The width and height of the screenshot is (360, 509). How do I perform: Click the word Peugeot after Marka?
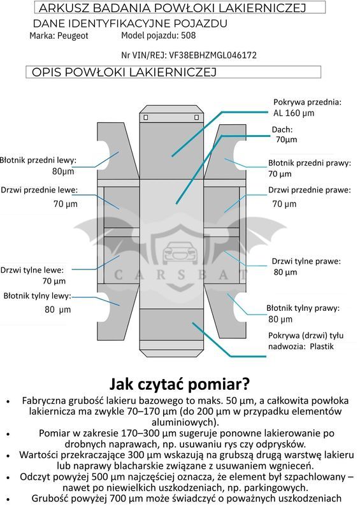pyautogui.click(x=73, y=36)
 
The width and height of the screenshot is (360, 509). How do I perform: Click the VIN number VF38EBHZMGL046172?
pyautogui.click(x=213, y=55)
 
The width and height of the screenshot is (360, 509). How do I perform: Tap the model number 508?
pyautogui.click(x=189, y=35)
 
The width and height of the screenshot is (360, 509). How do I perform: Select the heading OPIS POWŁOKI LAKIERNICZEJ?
pyautogui.click(x=124, y=72)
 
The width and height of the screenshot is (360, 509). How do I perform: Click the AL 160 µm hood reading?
pyautogui.click(x=294, y=113)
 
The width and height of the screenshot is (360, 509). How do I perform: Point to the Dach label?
pyautogui.click(x=282, y=130)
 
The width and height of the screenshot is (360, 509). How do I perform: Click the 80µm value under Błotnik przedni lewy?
pyautogui.click(x=63, y=171)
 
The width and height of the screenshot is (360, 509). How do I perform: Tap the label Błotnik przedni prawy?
pyautogui.click(x=310, y=163)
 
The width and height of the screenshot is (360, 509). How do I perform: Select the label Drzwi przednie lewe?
pyautogui.click(x=40, y=190)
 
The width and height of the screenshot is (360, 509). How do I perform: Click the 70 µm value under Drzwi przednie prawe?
pyautogui.click(x=284, y=204)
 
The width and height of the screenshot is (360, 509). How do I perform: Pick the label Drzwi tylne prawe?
pyautogui.click(x=306, y=261)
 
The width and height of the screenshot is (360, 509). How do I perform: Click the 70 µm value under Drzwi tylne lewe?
pyautogui.click(x=54, y=281)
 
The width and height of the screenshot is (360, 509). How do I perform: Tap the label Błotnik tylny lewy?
pyautogui.click(x=38, y=296)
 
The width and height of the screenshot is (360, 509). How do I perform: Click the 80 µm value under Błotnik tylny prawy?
pyautogui.click(x=280, y=319)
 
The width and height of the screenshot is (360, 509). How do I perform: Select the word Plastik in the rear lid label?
pyautogui.click(x=322, y=347)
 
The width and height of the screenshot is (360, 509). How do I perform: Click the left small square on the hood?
pyautogui.click(x=146, y=117)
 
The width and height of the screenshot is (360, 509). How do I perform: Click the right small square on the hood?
pyautogui.click(x=197, y=117)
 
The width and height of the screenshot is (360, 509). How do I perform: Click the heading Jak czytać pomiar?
pyautogui.click(x=180, y=384)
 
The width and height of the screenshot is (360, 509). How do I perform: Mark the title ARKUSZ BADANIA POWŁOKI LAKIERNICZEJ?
pyautogui.click(x=173, y=8)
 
